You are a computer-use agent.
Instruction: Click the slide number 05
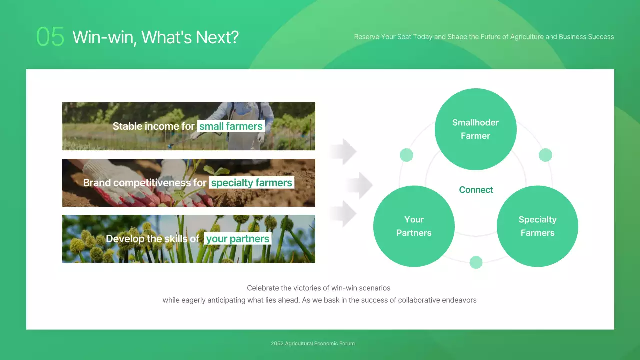pos(50,37)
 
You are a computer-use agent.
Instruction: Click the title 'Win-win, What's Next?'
pos(155,37)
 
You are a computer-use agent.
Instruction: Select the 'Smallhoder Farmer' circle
pos(475,129)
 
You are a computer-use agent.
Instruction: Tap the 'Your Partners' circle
pos(414,226)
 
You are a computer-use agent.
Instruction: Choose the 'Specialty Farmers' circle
pos(537,226)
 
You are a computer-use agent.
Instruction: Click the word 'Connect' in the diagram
pos(476,190)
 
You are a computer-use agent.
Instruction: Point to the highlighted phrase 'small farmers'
pos(231,126)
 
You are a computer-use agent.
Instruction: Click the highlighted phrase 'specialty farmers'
pos(251,183)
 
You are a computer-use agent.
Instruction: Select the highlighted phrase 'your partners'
pos(238,239)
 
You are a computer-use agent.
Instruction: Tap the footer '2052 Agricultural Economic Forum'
pos(313,343)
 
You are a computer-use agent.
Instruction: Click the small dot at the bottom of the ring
pos(476,262)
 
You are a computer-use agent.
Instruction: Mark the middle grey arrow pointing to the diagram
pos(360,185)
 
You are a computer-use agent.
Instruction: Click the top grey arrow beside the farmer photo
pos(344,151)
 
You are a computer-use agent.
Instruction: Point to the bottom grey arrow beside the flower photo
pos(344,214)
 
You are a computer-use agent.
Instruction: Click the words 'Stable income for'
pos(153,126)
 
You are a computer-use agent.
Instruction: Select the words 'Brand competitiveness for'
pos(144,183)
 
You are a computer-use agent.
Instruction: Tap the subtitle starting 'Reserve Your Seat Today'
pos(484,37)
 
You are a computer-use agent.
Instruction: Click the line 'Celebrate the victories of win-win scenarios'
pos(319,288)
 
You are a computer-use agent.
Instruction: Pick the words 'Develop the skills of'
pos(153,239)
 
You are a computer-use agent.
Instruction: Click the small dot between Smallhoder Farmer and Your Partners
pos(406,155)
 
